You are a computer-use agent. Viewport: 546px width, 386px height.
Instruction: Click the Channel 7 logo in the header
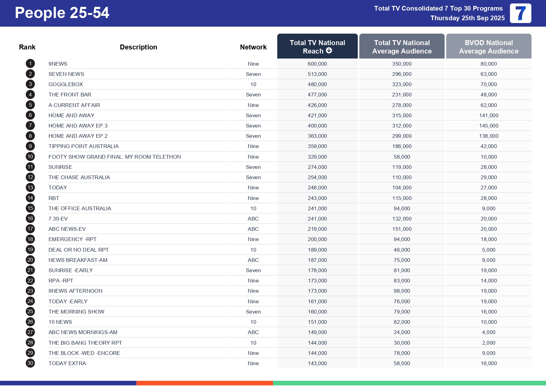point(520,13)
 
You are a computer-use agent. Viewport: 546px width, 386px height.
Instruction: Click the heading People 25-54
point(62,13)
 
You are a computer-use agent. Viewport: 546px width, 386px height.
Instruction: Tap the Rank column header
point(27,47)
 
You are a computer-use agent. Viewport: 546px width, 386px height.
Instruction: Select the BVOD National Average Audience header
point(488,47)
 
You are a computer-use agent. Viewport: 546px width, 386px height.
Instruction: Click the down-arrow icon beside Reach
point(329,51)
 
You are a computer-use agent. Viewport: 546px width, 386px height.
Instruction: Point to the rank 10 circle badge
point(30,157)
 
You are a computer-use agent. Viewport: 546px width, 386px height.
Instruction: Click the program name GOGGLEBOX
point(66,84)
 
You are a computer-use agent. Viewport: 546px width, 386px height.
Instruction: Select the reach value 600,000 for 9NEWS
point(317,64)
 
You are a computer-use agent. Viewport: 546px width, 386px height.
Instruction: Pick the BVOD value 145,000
point(488,126)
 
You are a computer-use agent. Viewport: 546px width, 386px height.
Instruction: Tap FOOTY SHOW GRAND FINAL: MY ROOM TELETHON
point(115,157)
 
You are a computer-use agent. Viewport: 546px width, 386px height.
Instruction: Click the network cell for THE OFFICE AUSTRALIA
point(253,208)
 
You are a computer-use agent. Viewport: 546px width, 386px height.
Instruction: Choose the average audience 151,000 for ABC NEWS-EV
point(402,229)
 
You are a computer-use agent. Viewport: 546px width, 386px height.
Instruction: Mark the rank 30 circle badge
point(30,363)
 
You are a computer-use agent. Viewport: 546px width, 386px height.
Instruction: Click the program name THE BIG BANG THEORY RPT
point(85,343)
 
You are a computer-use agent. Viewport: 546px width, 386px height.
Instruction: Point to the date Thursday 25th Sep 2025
point(467,18)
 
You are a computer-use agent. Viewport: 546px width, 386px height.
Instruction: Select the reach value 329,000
point(317,157)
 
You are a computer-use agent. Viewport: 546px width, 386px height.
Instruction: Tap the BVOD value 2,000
point(488,343)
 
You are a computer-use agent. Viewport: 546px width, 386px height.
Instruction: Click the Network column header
point(253,47)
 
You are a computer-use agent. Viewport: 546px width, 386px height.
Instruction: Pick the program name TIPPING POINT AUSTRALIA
point(83,146)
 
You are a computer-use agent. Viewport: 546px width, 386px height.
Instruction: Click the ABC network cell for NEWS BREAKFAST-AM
point(253,260)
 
